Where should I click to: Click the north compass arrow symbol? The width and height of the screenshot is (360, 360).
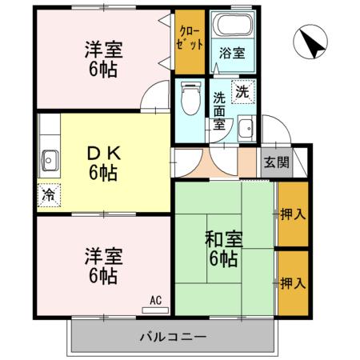[x=310, y=42]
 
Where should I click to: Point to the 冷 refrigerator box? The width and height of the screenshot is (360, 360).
[x=49, y=194]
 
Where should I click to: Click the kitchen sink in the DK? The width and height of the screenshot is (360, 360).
[x=49, y=159]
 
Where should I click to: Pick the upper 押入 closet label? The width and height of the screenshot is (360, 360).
[x=292, y=214]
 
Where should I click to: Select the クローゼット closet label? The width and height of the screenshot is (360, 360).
[x=190, y=41]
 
